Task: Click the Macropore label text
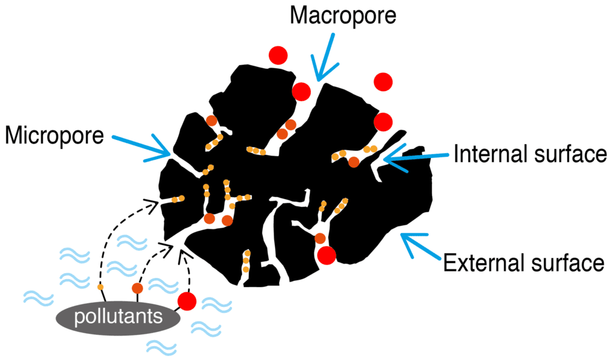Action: (x=342, y=16)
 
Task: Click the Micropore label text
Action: (x=54, y=135)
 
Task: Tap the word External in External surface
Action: (x=479, y=263)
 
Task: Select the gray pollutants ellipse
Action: (x=118, y=316)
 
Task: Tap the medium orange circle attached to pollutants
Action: (x=137, y=288)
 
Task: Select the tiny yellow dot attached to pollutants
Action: (x=100, y=288)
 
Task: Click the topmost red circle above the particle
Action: (x=277, y=56)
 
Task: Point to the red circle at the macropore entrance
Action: (x=301, y=91)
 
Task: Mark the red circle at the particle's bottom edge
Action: (x=326, y=255)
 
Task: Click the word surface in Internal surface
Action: (x=564, y=154)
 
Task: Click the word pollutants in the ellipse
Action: (x=118, y=316)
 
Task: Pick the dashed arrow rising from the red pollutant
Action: (x=186, y=269)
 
